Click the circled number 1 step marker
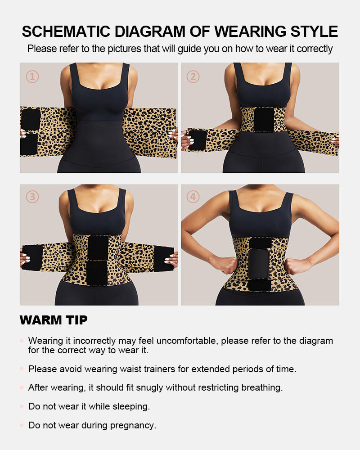(32, 76)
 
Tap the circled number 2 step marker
(193, 76)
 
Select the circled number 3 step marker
(32, 197)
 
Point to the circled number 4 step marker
(193, 197)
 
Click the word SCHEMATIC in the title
(66, 31)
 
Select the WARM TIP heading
(54, 320)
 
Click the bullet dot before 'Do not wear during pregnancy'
(22, 425)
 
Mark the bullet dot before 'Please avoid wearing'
(22, 369)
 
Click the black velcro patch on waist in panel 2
(264, 120)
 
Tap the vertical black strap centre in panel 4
(259, 263)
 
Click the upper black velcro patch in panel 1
(31, 119)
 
